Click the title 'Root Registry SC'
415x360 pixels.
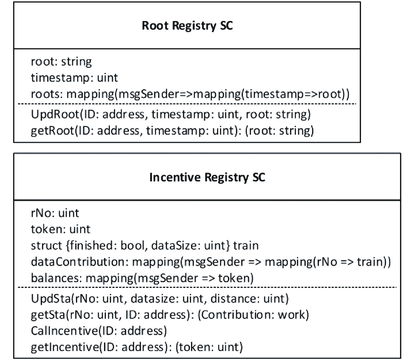(x=187, y=26)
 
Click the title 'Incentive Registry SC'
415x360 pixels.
(x=207, y=177)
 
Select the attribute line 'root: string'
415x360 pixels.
(x=61, y=62)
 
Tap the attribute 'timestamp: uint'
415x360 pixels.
(x=74, y=78)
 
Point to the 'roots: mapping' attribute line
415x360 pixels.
(x=190, y=94)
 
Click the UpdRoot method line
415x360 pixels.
(x=171, y=114)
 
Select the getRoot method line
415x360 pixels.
(x=172, y=130)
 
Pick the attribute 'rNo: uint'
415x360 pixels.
(x=55, y=213)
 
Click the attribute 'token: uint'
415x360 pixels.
(x=61, y=229)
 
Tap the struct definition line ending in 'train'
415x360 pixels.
(x=145, y=245)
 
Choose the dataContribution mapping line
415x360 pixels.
(x=211, y=262)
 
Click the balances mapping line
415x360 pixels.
(x=142, y=278)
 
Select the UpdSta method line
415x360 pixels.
(x=160, y=299)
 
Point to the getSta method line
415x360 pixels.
(x=170, y=315)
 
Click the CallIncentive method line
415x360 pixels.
(x=99, y=331)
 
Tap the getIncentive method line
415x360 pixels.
(x=137, y=347)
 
